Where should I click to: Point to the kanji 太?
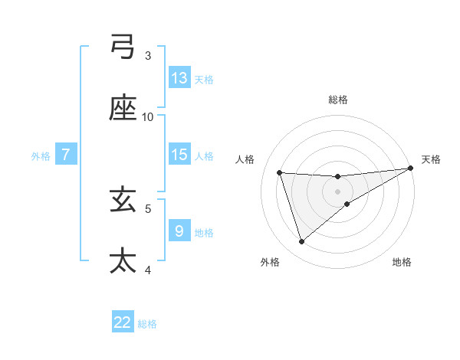[x=123, y=260]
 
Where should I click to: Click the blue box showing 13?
[x=179, y=77]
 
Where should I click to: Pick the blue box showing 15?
[x=179, y=154]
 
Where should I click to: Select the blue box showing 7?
[x=66, y=154]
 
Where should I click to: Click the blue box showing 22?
[x=123, y=322]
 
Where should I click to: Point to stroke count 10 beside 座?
[x=148, y=116]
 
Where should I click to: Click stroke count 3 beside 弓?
[x=148, y=55]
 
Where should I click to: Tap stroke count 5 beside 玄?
[x=148, y=208]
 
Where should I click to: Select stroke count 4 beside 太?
[x=148, y=270]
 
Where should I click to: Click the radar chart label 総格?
[x=338, y=100]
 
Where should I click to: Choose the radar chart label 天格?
[x=431, y=159]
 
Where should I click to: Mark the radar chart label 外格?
[x=270, y=262]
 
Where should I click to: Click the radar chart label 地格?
[x=402, y=262]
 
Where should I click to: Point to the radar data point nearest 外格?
[x=301, y=242]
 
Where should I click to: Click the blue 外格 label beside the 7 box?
[x=41, y=155]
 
